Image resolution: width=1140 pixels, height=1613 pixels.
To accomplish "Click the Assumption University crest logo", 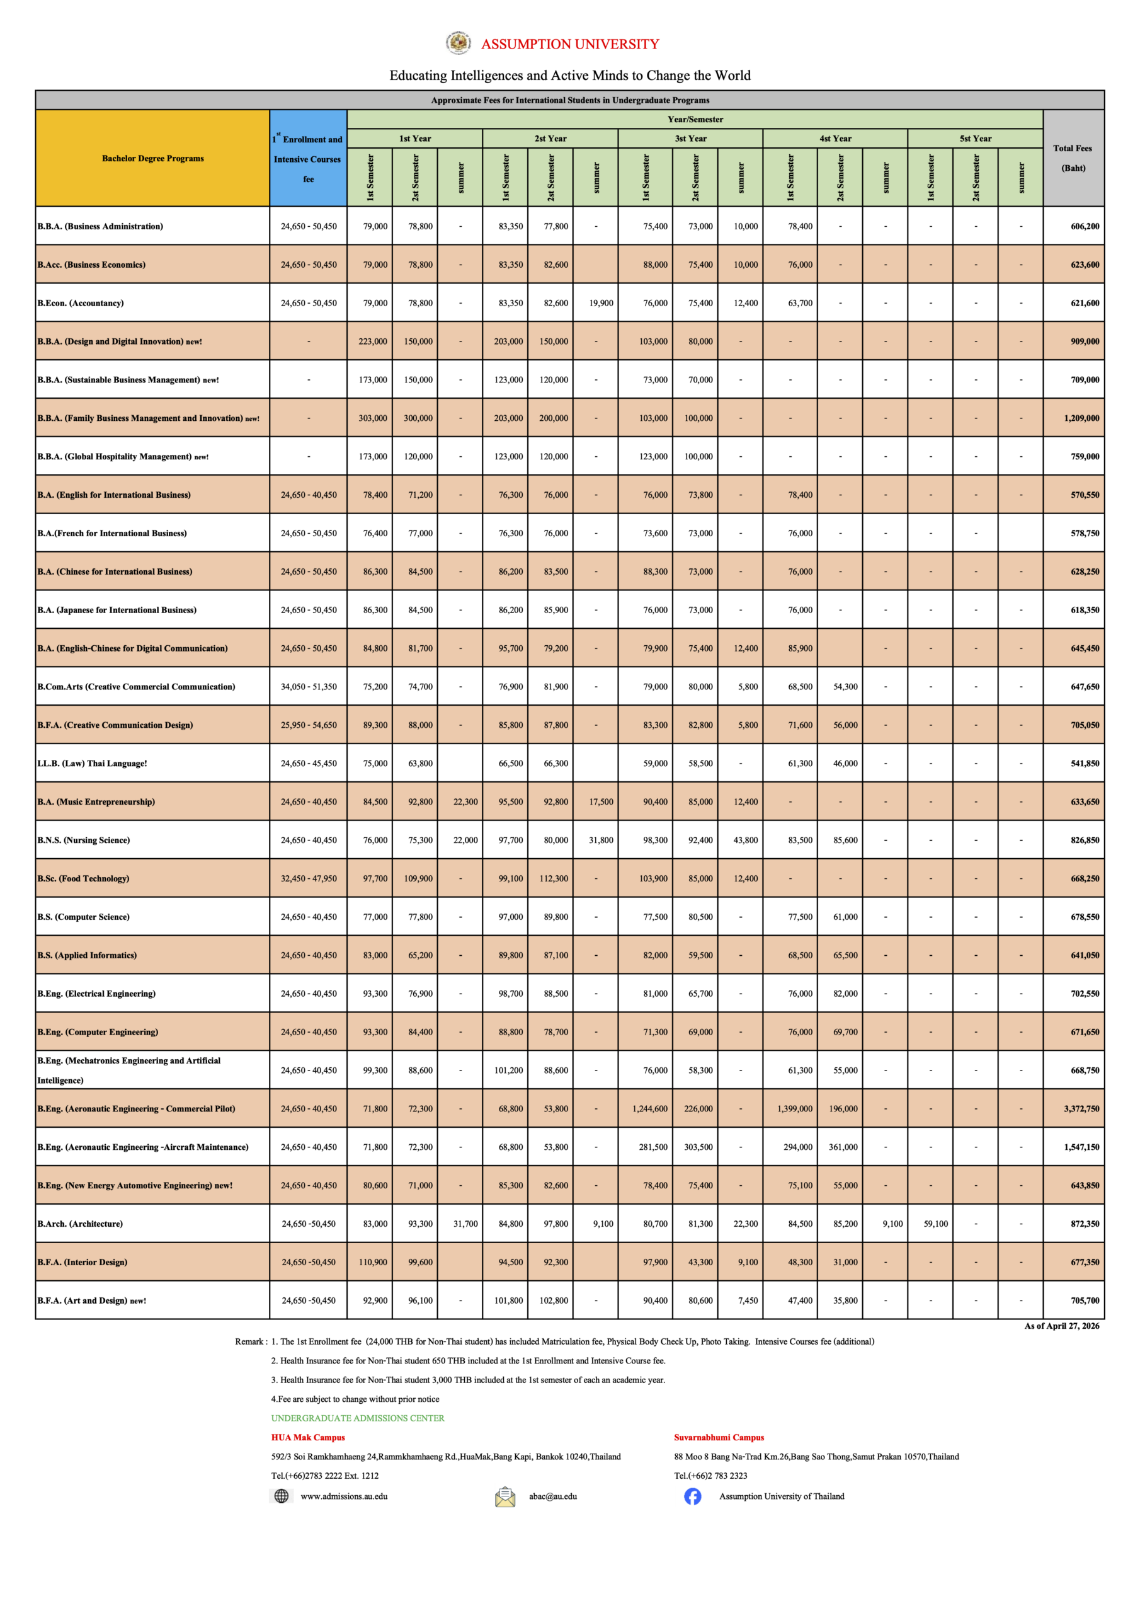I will click(459, 43).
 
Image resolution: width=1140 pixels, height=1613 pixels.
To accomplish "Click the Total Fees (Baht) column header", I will click(1073, 158).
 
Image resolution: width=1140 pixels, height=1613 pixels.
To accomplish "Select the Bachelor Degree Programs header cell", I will click(152, 158).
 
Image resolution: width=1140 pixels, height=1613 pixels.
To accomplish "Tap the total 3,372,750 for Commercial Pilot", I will click(1081, 1108).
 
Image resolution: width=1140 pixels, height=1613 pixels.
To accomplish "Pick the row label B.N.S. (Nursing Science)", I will click(84, 841).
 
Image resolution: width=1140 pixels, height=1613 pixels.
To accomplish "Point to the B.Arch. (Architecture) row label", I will click(80, 1224).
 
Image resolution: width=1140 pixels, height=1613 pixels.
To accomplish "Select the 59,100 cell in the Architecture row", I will click(935, 1224).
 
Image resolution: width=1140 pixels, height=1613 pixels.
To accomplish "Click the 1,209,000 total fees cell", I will click(1081, 418).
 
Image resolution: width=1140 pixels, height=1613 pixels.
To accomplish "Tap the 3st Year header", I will click(690, 139).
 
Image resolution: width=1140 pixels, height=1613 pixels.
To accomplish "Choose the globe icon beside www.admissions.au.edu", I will click(281, 1496).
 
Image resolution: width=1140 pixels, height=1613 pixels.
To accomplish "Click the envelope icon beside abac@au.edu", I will click(504, 1496).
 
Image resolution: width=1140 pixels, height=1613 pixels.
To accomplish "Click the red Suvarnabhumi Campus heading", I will click(719, 1437).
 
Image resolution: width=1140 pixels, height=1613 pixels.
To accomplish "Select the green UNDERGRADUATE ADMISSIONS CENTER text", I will click(358, 1418).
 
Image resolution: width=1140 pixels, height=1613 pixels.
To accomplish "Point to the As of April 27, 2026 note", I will click(1061, 1326).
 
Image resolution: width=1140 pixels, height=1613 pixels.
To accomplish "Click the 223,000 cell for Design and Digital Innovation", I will click(372, 342).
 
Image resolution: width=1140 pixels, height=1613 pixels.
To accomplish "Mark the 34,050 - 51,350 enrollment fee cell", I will click(309, 686).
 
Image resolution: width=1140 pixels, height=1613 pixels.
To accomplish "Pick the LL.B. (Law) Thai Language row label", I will click(92, 764).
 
